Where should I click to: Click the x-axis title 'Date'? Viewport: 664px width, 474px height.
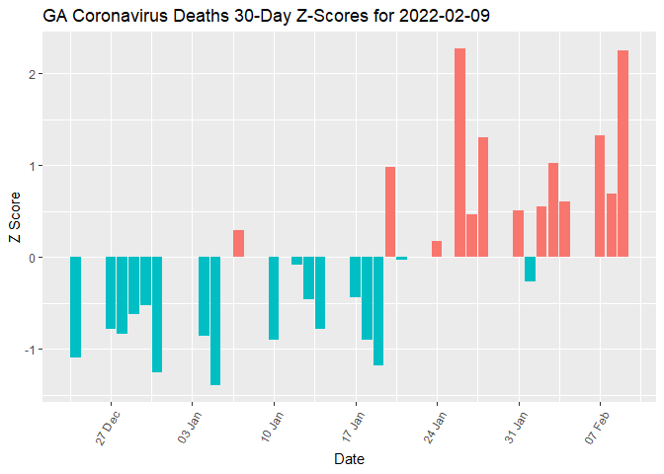point(349,459)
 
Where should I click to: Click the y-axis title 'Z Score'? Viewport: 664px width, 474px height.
point(14,221)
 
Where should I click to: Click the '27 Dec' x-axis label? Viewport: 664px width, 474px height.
point(110,426)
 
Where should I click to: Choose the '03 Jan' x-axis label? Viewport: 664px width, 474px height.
point(192,426)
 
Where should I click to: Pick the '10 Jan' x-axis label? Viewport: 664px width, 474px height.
point(274,426)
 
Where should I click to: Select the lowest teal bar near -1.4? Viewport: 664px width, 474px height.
point(214,321)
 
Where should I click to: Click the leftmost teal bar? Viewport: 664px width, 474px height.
point(75,307)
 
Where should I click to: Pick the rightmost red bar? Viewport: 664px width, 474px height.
point(622,153)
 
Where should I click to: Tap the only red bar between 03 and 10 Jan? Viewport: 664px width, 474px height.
point(238,243)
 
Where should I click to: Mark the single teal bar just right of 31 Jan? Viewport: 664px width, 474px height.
point(530,269)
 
